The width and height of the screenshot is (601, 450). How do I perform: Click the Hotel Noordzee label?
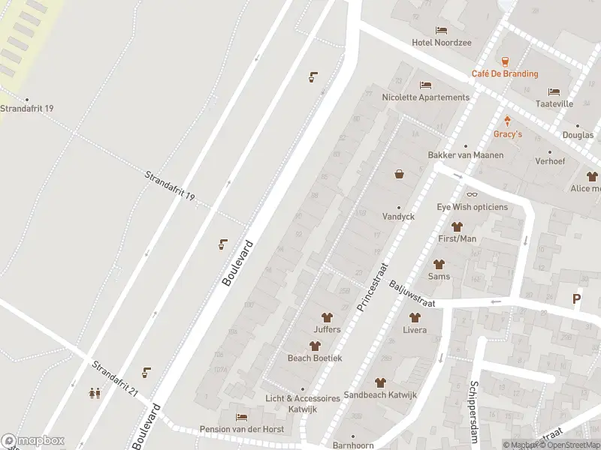(442, 43)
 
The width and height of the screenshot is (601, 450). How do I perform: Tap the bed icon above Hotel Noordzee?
(441, 31)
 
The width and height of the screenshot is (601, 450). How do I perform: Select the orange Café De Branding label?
(505, 73)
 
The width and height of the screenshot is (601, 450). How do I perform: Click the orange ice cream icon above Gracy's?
(508, 121)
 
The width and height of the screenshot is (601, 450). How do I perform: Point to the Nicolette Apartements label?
(425, 97)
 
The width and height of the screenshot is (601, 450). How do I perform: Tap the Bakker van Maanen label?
(466, 154)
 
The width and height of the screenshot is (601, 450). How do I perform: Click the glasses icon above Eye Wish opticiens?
(472, 195)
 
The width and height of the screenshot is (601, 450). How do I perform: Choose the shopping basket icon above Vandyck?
(399, 174)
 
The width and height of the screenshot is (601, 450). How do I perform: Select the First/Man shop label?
(457, 238)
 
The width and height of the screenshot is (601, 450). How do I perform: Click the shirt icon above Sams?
(439, 264)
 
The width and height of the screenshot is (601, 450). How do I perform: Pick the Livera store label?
(414, 330)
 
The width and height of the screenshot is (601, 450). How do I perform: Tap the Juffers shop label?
(327, 329)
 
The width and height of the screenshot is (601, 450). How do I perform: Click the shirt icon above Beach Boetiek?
(315, 346)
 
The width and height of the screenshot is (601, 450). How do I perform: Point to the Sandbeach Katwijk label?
(380, 394)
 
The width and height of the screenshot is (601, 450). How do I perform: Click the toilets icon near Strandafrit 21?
(95, 392)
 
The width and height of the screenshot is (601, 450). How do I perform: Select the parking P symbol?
(577, 298)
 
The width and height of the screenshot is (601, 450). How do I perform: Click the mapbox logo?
(33, 441)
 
